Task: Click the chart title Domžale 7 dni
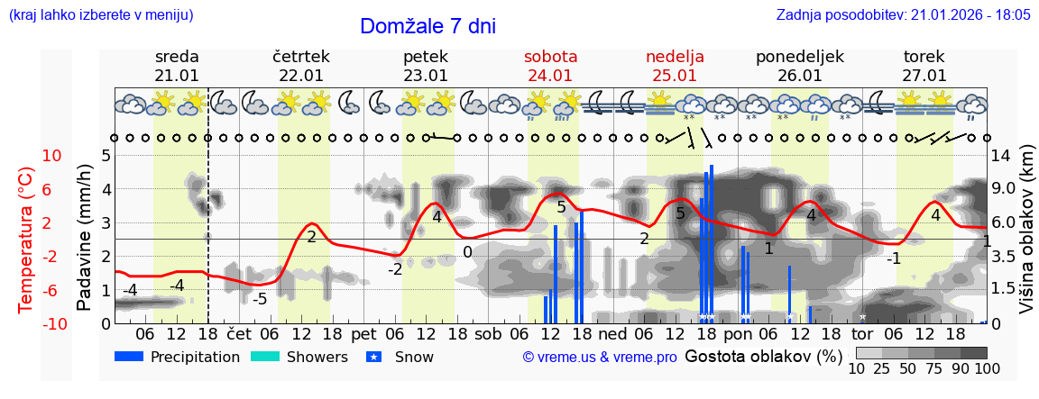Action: tap(428, 26)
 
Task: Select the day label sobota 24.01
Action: tap(550, 66)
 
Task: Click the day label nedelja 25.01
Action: tap(675, 66)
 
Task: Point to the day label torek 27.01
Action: tap(924, 66)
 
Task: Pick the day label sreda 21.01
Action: tap(177, 66)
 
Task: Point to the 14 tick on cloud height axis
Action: tap(1000, 156)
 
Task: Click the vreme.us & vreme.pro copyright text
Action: tap(600, 357)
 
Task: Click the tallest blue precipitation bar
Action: tap(712, 243)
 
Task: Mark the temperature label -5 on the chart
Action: tap(259, 299)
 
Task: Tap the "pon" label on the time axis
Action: tap(737, 333)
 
